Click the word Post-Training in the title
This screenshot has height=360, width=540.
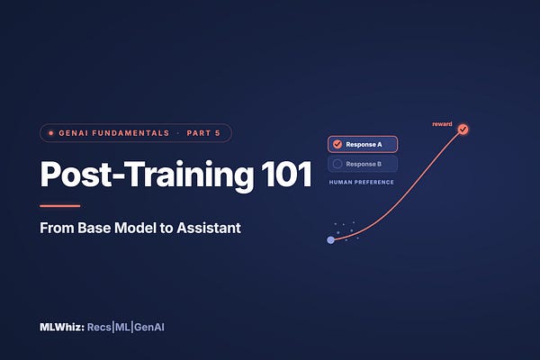pyautogui.click(x=147, y=175)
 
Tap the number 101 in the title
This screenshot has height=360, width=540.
pyautogui.click(x=286, y=174)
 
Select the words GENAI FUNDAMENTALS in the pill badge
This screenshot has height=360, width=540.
pyautogui.click(x=114, y=133)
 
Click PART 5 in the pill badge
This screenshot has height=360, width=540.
pyautogui.click(x=203, y=133)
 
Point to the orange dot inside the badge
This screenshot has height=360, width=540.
pyautogui.click(x=51, y=133)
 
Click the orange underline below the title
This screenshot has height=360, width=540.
pyautogui.click(x=60, y=206)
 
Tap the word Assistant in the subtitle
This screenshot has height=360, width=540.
pyautogui.click(x=209, y=228)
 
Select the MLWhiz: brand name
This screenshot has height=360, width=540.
pyautogui.click(x=62, y=327)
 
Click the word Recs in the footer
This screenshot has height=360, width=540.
pyautogui.click(x=99, y=327)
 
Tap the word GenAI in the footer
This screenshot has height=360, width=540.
pyautogui.click(x=149, y=327)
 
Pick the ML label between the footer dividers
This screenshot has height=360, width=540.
pyautogui.click(x=122, y=327)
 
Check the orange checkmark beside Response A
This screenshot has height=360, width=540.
pyautogui.click(x=337, y=144)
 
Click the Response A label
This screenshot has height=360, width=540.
pyautogui.click(x=364, y=144)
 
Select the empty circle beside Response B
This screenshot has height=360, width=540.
pyautogui.click(x=337, y=164)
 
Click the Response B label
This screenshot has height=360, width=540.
pyautogui.click(x=364, y=164)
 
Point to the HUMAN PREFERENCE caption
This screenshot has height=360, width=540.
pyautogui.click(x=361, y=182)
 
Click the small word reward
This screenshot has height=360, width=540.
pyautogui.click(x=442, y=124)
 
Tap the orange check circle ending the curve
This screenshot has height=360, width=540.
pyautogui.click(x=463, y=130)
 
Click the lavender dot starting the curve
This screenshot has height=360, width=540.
pyautogui.click(x=330, y=240)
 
